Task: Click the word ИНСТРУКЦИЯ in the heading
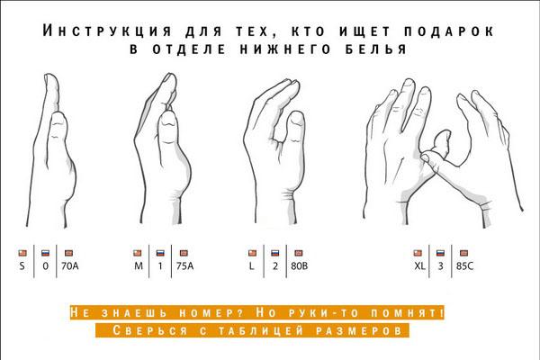click(107, 31)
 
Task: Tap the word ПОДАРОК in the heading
click(449, 31)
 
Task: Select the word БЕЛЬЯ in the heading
click(376, 49)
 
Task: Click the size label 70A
click(70, 266)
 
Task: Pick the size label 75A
click(184, 266)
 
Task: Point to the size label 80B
click(300, 266)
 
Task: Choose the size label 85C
click(464, 266)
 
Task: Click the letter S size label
click(22, 266)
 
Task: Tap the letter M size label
click(139, 266)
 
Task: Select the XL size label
click(419, 266)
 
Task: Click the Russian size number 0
click(46, 266)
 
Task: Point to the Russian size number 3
click(440, 266)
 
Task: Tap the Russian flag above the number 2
click(274, 253)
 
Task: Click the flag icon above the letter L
click(252, 253)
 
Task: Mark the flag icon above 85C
click(463, 253)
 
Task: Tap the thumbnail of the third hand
click(296, 119)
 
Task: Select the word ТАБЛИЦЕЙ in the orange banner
click(261, 330)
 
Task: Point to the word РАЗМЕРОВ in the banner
click(358, 330)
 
